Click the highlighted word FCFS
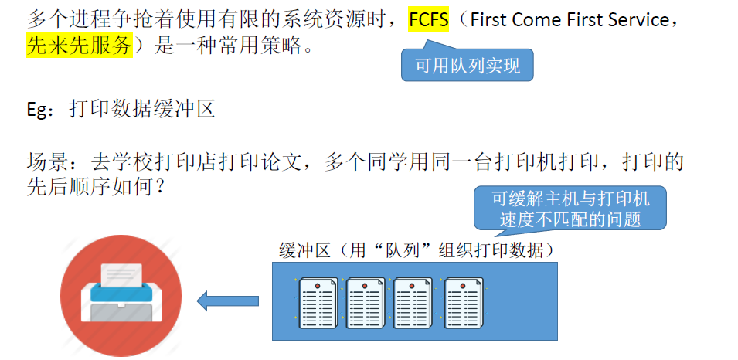click(x=429, y=20)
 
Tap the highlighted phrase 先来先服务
click(x=79, y=46)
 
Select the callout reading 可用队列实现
click(x=467, y=66)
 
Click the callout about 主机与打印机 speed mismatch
click(x=570, y=209)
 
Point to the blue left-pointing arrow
click(x=228, y=301)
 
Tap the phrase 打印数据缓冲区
click(x=141, y=108)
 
